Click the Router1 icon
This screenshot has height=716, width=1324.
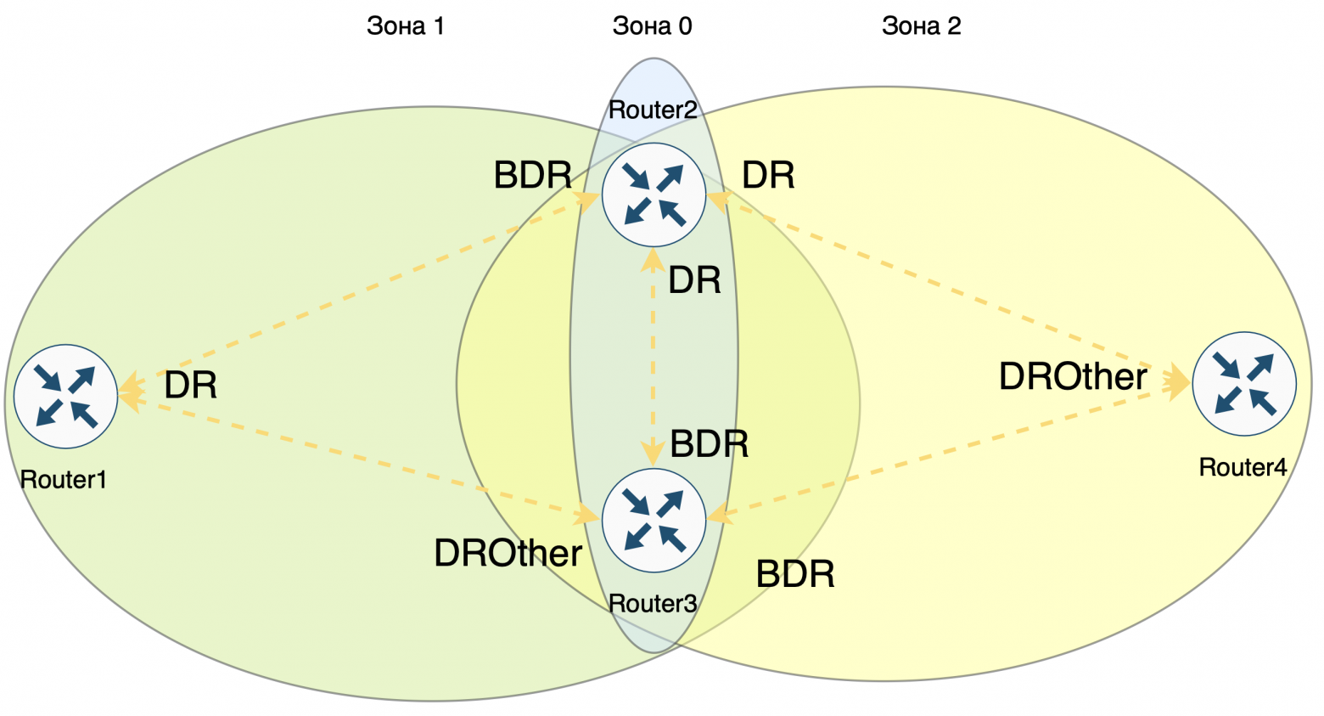[65, 397]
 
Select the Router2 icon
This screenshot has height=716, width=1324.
[654, 195]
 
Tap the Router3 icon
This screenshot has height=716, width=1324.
[654, 520]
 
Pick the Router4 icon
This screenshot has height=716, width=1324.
[1244, 384]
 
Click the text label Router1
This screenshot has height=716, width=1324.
[64, 480]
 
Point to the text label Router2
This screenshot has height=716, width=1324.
[653, 110]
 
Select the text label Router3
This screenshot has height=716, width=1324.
[653, 604]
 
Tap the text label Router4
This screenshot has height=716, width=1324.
[1243, 467]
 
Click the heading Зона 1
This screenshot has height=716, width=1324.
[405, 26]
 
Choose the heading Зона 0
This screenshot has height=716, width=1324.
[652, 26]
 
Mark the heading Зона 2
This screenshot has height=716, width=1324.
[921, 26]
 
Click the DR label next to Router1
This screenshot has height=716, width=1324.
[191, 386]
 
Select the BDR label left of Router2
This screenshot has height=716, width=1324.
[533, 176]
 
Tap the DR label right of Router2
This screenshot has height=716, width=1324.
[768, 176]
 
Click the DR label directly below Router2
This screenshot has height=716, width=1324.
[694, 280]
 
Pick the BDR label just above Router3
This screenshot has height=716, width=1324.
[710, 444]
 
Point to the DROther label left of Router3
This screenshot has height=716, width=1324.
[508, 554]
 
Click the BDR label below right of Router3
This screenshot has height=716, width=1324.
[795, 575]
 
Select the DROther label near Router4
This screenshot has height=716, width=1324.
[1073, 377]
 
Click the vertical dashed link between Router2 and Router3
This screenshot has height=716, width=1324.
[653, 357]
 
